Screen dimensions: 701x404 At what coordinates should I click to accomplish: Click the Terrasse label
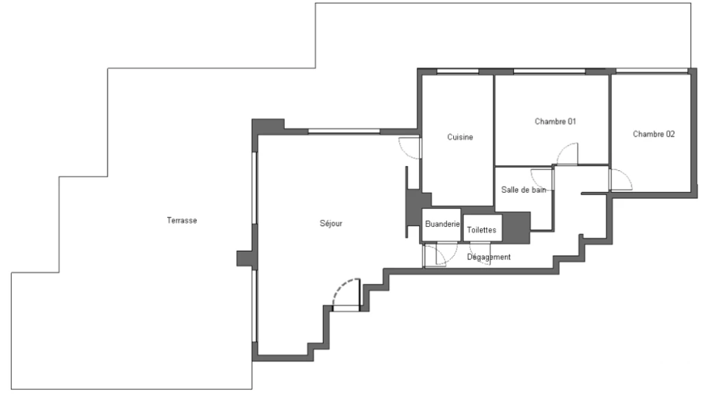181,220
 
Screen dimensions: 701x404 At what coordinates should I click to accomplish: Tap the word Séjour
331,224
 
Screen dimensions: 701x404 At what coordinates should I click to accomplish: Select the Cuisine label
460,137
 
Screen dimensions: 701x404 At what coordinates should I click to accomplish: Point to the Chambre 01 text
555,122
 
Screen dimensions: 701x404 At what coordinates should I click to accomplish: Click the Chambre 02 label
654,134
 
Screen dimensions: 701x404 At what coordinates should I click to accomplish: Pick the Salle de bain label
524,190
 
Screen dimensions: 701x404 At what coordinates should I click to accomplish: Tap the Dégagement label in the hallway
489,257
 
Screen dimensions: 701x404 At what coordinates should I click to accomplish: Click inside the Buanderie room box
442,224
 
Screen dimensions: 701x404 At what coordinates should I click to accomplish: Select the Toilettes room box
483,228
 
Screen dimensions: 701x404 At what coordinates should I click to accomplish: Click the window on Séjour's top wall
344,131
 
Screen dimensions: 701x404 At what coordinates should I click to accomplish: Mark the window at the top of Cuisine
457,71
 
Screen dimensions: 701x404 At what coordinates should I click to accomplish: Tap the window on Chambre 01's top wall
550,71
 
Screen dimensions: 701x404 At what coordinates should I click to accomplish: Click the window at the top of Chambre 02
652,71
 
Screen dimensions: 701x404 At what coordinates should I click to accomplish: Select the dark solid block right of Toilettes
516,228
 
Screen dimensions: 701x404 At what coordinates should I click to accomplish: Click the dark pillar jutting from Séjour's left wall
245,259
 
